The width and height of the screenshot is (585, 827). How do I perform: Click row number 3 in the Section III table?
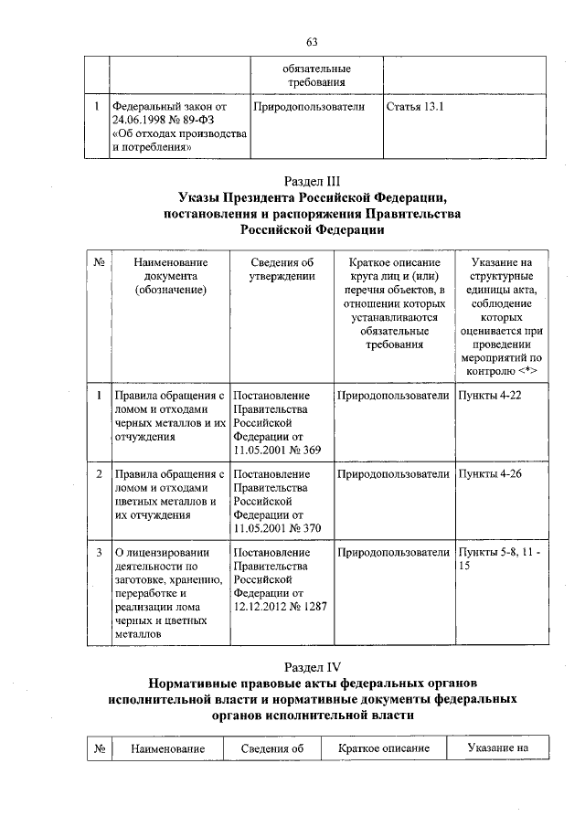98,553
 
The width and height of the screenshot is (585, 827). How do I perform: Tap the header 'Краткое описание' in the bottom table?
383,748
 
